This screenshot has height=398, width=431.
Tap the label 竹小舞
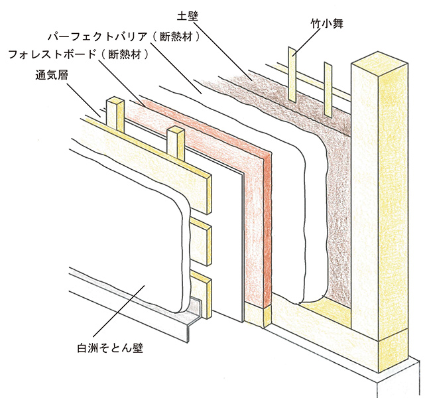coord(326,25)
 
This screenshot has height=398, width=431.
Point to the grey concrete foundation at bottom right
coord(398,378)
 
